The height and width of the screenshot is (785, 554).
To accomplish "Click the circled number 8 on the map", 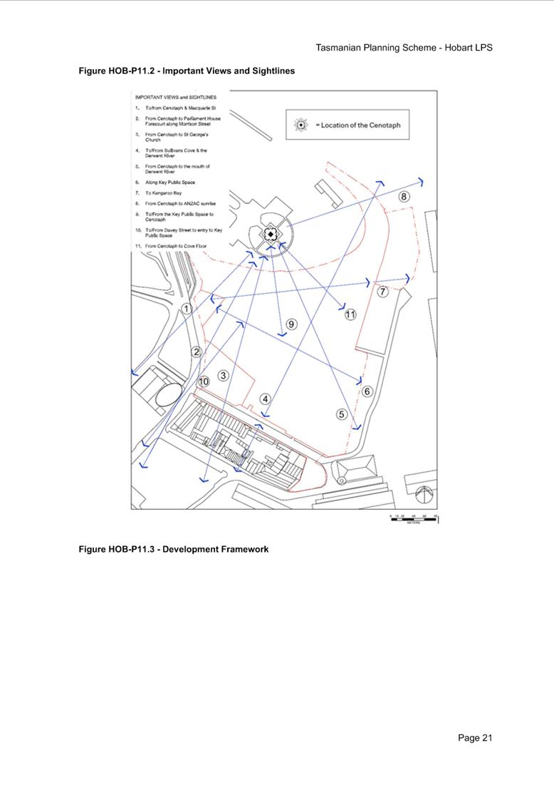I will [x=404, y=197].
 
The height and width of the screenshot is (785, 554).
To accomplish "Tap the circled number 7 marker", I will [x=382, y=292].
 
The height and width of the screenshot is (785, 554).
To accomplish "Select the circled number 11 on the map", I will [x=350, y=314].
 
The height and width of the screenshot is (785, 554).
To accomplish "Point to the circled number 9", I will [x=291, y=324].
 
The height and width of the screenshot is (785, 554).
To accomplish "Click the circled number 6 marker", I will [x=367, y=391].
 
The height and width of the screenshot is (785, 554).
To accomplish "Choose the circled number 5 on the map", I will [x=341, y=414].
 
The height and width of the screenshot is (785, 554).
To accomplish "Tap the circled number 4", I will [x=265, y=399].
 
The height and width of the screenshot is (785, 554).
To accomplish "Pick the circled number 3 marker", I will [x=223, y=375].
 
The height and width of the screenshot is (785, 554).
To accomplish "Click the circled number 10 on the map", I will [x=204, y=382].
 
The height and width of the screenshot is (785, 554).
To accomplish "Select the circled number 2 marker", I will [x=196, y=352].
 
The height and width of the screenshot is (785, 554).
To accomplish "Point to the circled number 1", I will [x=186, y=309].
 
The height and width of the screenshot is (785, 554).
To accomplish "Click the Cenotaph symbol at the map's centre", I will [x=271, y=234].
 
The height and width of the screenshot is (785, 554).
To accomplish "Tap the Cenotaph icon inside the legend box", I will [x=301, y=125].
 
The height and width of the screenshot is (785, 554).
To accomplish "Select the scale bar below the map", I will [x=414, y=518].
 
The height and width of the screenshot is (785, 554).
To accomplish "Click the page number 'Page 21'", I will [x=475, y=738].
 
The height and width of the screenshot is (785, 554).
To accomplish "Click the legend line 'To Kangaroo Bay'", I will [x=160, y=193].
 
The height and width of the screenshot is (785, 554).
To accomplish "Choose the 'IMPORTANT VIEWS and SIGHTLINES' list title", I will [x=176, y=97].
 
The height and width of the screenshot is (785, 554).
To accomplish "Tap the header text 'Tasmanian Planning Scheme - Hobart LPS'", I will [x=404, y=48].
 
